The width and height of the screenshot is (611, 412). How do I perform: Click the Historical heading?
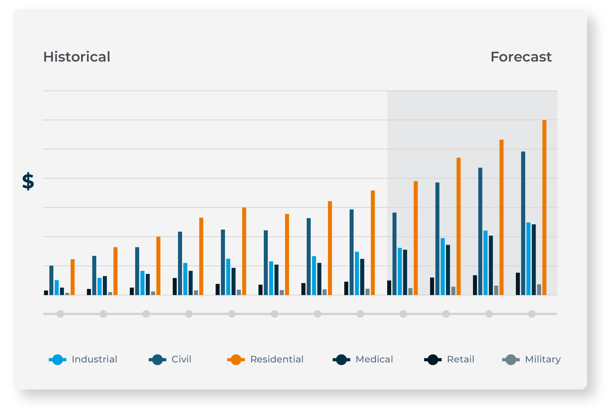point(77,57)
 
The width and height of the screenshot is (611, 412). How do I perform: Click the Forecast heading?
point(521,57)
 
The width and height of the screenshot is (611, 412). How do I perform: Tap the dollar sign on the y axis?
point(28,181)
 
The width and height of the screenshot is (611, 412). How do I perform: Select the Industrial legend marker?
point(58,360)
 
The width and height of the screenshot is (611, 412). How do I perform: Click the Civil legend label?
point(181,360)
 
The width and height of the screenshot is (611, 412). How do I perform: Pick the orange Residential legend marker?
point(236,360)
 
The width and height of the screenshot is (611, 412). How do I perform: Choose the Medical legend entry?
point(374,360)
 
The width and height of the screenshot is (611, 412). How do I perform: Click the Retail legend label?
point(460,360)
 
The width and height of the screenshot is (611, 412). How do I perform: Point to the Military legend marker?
point(511,360)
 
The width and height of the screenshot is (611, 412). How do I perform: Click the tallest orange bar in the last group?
point(544,208)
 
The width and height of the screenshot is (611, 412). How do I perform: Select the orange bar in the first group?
point(72,277)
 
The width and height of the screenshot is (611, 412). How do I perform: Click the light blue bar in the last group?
point(528,258)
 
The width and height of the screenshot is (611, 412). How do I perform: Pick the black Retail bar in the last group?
point(518,284)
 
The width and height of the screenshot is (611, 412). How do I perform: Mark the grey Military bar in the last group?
point(539,290)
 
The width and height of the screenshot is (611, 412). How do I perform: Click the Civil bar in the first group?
point(51,280)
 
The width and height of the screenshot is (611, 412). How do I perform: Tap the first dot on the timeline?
point(60,314)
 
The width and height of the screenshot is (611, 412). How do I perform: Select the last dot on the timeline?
point(532,314)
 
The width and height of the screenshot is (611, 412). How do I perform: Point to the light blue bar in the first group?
point(57,288)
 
